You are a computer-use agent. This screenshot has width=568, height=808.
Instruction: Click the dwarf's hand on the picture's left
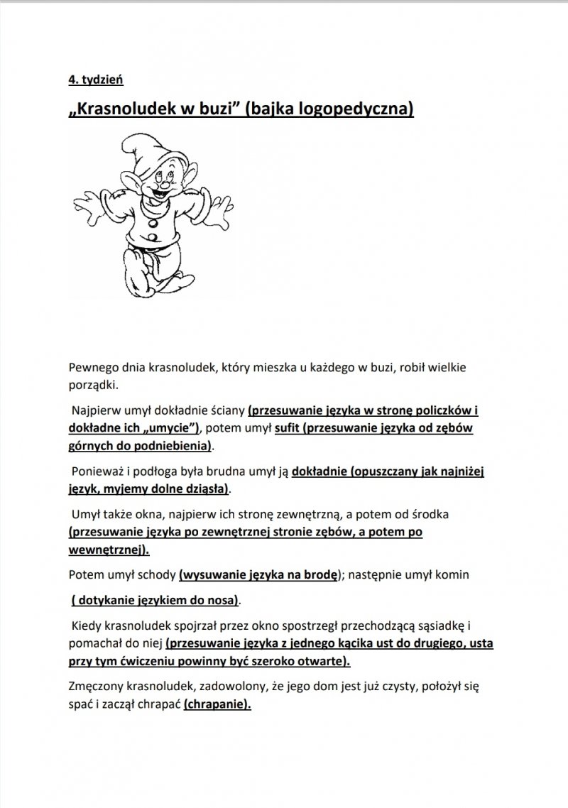coord(84,206)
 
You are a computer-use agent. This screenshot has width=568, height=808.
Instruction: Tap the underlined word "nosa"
coord(223,600)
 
